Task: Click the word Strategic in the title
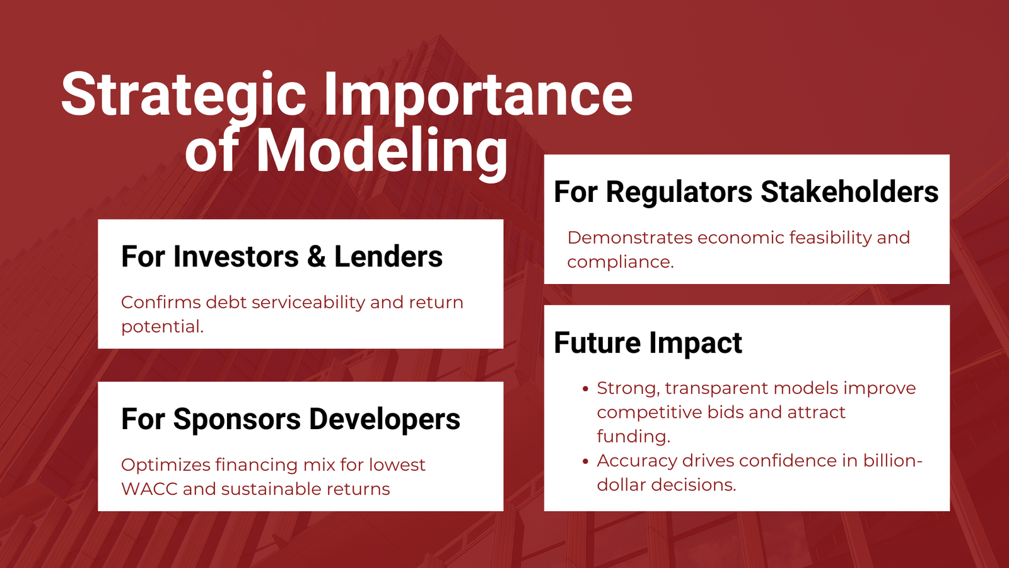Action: point(184,95)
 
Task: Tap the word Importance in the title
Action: point(479,95)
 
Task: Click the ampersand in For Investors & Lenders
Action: point(317,256)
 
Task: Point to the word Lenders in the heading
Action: point(388,256)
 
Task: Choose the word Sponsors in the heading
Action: point(237,419)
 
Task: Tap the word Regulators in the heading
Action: point(679,192)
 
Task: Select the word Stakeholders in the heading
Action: point(849,192)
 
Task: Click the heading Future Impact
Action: point(648,343)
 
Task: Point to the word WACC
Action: point(149,489)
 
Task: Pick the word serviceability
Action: point(308,303)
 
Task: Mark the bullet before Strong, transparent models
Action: point(586,389)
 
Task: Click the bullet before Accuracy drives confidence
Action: point(586,461)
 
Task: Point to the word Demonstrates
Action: point(630,238)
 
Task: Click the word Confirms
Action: point(161,302)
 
